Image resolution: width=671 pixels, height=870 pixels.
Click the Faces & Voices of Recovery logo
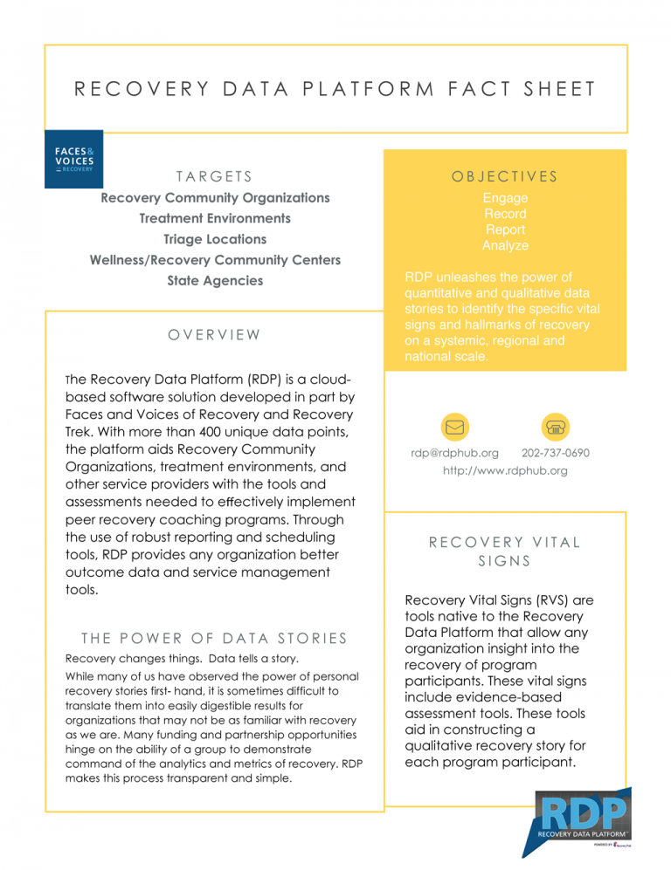click(73, 159)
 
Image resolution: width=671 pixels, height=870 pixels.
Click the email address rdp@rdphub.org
click(454, 453)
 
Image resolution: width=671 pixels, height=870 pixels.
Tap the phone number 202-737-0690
click(555, 453)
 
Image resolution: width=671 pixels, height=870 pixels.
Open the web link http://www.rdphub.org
click(505, 470)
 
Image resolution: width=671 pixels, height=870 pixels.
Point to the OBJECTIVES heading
click(505, 176)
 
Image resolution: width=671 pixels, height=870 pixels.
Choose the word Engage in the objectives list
click(505, 199)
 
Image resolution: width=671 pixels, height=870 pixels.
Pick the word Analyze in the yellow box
click(505, 246)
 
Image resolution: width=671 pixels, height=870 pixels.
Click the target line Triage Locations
click(215, 239)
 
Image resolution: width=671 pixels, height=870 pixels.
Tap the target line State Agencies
click(215, 281)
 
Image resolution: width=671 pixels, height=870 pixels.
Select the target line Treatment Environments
click(215, 218)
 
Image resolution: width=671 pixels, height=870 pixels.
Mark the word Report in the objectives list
click(505, 230)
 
